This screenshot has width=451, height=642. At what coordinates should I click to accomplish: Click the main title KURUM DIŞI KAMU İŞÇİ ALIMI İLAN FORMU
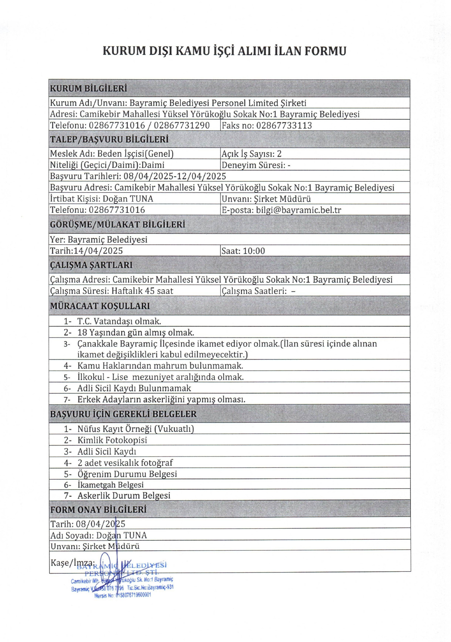tap(224, 51)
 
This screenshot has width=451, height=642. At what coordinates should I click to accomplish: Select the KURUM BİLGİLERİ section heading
tap(88, 89)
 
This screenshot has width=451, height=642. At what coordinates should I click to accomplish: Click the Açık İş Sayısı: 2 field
tap(251, 154)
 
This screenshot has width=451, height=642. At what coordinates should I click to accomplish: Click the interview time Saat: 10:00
tap(243, 251)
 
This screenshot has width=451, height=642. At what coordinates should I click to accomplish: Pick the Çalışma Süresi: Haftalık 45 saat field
tap(111, 291)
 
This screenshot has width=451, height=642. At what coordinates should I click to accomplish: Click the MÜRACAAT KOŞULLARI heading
tap(100, 306)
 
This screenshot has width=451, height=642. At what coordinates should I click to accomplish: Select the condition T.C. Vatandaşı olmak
tap(119, 321)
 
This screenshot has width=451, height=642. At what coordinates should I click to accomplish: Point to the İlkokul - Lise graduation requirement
tap(160, 377)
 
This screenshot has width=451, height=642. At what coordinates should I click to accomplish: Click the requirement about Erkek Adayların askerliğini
tap(161, 400)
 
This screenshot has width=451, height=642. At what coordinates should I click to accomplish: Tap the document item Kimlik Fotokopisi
tap(112, 440)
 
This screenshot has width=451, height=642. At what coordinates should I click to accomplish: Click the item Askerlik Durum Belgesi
tap(124, 496)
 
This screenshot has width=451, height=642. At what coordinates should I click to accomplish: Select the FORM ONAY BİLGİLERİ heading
tap(98, 510)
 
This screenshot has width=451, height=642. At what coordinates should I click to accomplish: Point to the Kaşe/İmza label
tap(72, 563)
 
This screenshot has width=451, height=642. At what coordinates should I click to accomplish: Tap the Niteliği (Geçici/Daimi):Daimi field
tap(107, 165)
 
